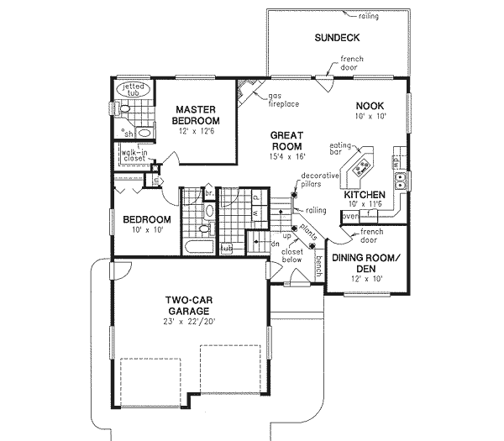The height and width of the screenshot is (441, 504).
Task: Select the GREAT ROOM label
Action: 286,140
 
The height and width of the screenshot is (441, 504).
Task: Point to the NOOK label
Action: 369,105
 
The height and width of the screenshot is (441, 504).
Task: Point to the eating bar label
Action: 340,149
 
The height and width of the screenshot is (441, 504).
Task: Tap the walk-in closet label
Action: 134,157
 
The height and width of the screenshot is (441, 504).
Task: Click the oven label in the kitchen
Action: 350,215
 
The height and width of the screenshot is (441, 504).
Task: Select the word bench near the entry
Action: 318,265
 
